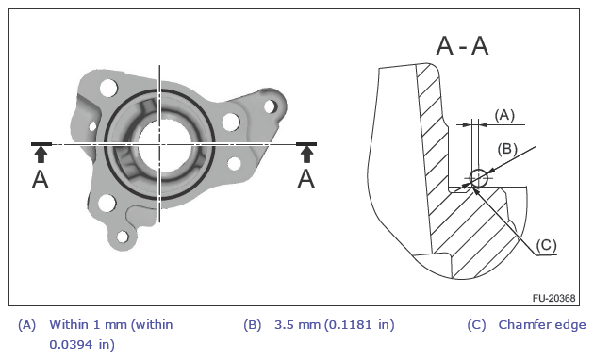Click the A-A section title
pos(462,46)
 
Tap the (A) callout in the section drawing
pos(504,115)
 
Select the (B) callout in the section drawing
pos(507,149)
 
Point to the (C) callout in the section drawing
pos(546,245)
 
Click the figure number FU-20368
pos(553,298)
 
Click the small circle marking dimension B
pos(478,178)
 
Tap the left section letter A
pos(41,179)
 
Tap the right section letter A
pos(306,179)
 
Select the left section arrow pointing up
pos(41,155)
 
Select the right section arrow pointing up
pos(306,155)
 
